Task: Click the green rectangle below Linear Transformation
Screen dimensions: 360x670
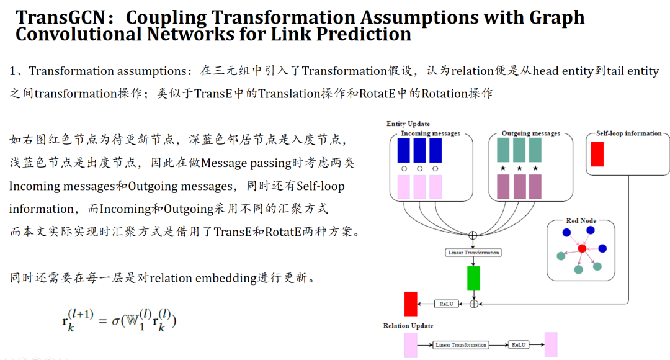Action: point(473,278)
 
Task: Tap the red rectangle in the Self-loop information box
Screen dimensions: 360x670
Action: point(597,154)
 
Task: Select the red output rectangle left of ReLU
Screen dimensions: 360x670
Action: point(410,304)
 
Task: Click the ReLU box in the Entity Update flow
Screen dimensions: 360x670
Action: point(445,304)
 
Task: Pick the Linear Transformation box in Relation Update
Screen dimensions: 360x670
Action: point(461,344)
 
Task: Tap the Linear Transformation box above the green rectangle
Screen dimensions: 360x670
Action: point(473,253)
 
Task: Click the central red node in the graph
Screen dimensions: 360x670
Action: point(581,248)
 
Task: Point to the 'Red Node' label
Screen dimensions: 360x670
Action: point(581,221)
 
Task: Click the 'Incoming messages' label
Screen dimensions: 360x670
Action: point(431,133)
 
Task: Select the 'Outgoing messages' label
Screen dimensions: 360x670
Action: point(530,133)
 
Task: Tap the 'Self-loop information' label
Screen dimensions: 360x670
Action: point(628,133)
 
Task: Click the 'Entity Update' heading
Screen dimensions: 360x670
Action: point(408,124)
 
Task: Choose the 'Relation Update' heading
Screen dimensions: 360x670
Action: point(408,326)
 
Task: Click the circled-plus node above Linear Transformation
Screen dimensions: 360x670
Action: point(473,235)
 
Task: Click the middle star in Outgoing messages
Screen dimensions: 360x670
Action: point(519,168)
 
